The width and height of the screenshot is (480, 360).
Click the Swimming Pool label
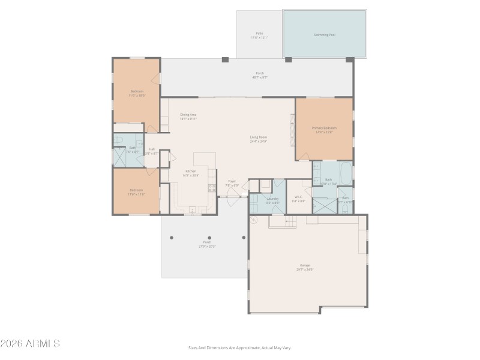pos(325,35)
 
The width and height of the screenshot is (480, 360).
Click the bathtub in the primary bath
pos(346,173)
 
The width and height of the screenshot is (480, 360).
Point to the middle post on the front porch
pos(209,238)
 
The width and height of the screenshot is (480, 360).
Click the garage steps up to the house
pos(282,223)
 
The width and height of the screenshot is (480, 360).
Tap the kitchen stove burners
pos(212,188)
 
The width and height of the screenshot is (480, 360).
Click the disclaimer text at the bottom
pos(240,347)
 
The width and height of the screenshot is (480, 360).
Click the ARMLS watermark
pos(30,344)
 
